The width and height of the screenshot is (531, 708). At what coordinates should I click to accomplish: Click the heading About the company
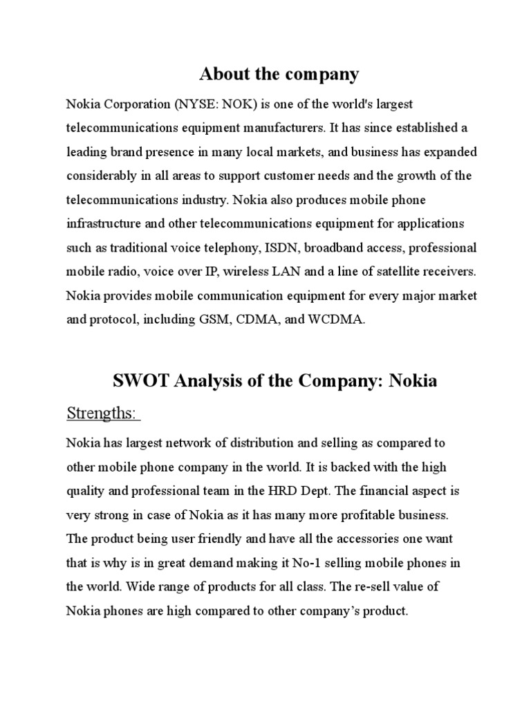coord(279,74)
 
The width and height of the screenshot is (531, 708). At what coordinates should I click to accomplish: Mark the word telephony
coord(225,248)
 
